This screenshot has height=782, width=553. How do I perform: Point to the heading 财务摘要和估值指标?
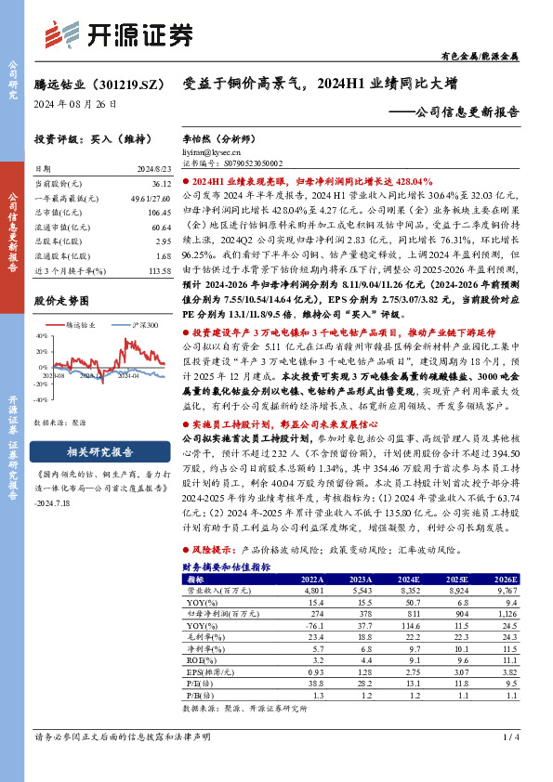pyautogui.click(x=226, y=566)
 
